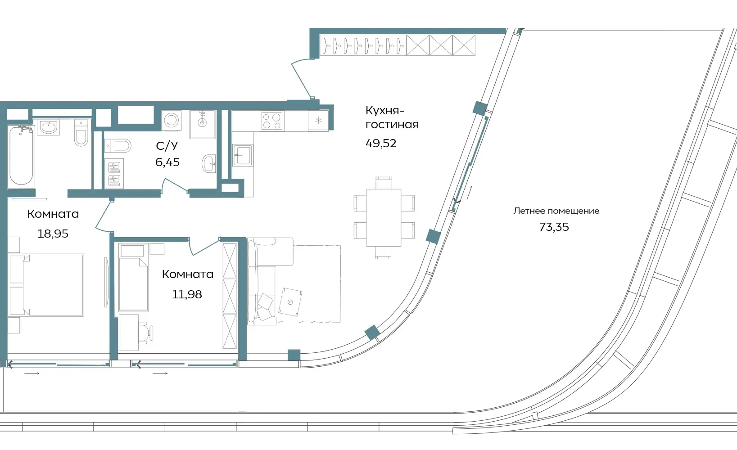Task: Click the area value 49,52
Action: point(381,143)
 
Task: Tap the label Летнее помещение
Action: point(556,211)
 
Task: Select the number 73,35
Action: point(554,227)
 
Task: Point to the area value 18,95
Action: point(53,234)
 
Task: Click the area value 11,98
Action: point(187,294)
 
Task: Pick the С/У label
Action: point(167,146)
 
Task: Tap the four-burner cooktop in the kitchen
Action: point(272,121)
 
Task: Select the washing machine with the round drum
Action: point(172,120)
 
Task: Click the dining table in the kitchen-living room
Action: point(384,217)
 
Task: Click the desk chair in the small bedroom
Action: point(146,333)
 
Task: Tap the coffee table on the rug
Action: point(290,302)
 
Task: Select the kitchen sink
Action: point(243,155)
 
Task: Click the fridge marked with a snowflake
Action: point(318,121)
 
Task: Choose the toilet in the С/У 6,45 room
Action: point(118,146)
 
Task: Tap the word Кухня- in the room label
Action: point(384,111)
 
